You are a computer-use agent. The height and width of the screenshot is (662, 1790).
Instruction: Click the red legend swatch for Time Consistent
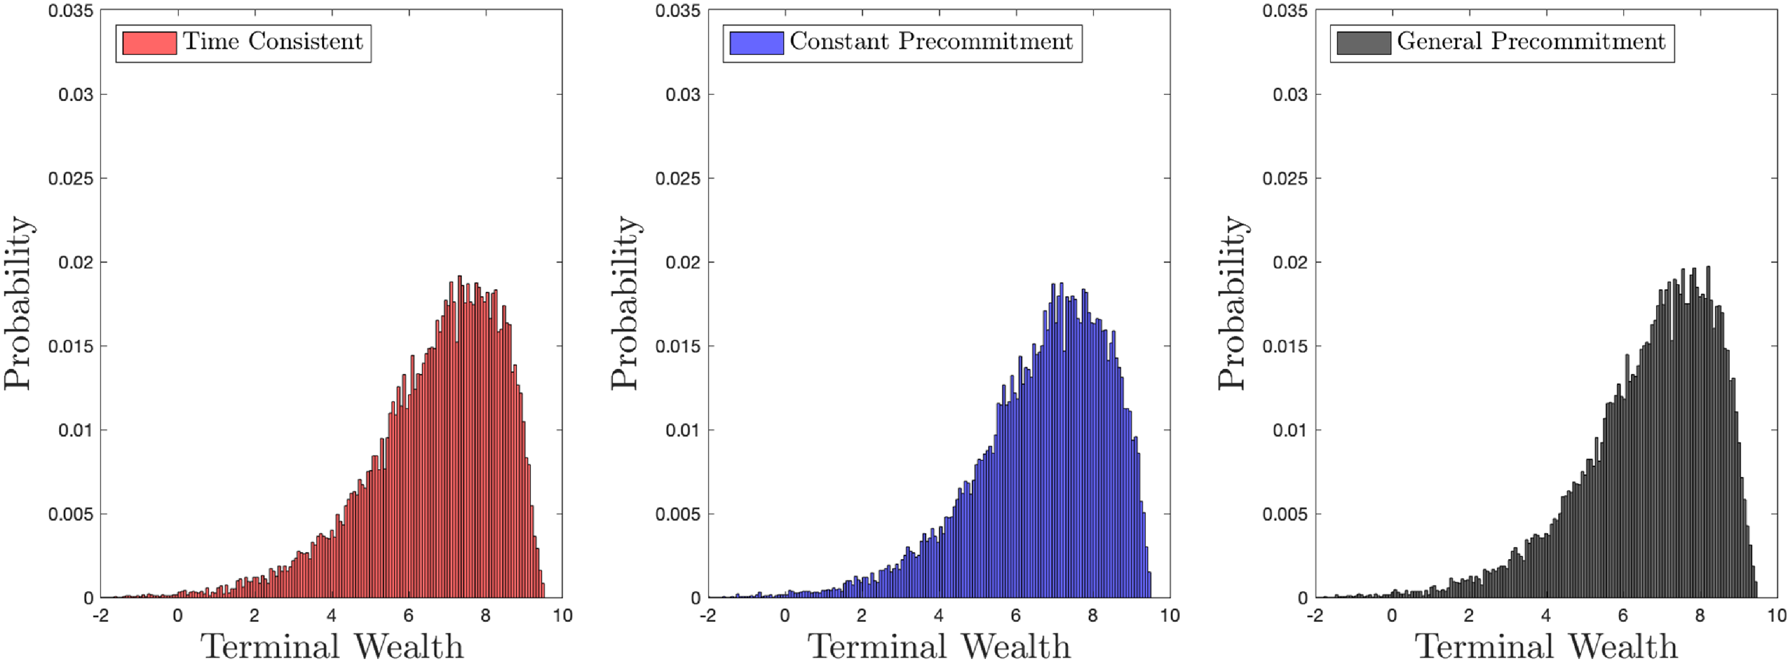tap(149, 43)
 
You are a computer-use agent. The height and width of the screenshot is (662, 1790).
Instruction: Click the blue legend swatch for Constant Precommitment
tap(757, 43)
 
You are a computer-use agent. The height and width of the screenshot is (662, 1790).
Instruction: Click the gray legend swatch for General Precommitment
tap(1364, 43)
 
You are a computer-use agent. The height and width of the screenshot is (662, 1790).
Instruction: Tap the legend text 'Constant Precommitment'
tap(931, 42)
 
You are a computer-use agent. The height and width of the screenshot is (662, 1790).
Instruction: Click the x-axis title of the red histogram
tap(332, 646)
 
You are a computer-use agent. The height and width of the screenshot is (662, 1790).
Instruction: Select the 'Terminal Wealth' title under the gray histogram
tap(1546, 646)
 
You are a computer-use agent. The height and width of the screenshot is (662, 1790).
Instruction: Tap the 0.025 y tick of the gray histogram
tap(1285, 179)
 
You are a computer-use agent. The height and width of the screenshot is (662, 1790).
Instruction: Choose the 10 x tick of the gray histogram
tap(1776, 616)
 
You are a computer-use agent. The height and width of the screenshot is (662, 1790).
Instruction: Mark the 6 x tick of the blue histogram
tap(1016, 616)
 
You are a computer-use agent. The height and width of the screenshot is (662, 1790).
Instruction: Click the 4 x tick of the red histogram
tap(331, 616)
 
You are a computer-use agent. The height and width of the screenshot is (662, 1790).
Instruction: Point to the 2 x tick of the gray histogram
tap(1468, 616)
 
